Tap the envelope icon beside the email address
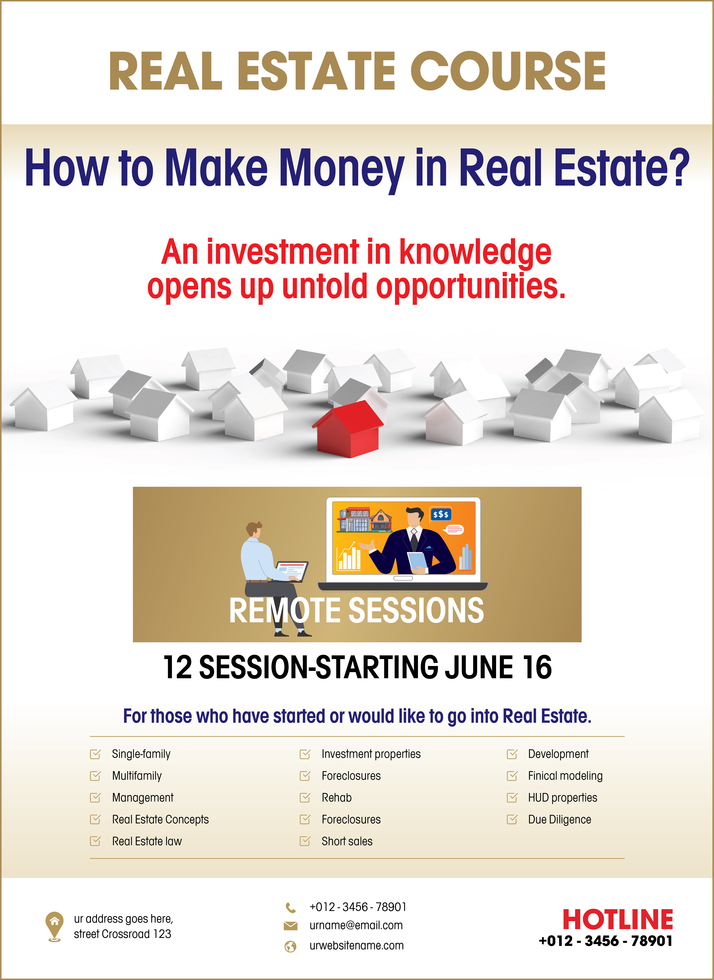[x=290, y=925]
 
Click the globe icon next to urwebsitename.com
[x=290, y=947]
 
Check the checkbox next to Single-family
[x=95, y=754]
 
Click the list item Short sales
[x=347, y=841]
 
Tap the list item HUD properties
[x=562, y=797]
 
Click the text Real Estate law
[x=147, y=841]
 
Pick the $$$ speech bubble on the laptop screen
[x=441, y=514]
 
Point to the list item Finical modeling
[x=565, y=776]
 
